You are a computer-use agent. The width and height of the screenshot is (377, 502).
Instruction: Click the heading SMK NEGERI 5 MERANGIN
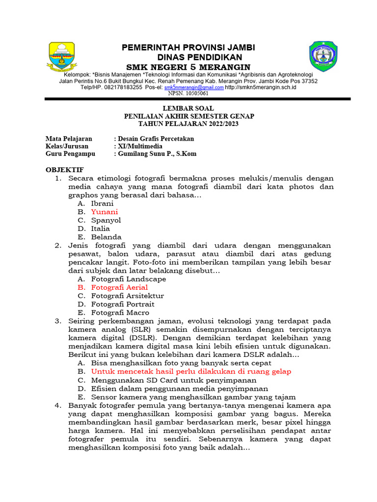click(x=188, y=67)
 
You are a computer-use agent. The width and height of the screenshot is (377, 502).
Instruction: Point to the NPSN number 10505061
click(x=188, y=93)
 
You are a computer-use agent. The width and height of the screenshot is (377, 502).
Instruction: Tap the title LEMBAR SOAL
click(x=188, y=108)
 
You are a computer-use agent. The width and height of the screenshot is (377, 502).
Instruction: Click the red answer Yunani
click(x=105, y=212)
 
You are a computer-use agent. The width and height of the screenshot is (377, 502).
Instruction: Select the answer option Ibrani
click(x=102, y=203)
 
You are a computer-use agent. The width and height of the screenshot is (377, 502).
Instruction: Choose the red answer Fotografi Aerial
click(x=119, y=287)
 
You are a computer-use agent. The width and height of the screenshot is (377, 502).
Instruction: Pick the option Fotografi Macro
click(x=120, y=312)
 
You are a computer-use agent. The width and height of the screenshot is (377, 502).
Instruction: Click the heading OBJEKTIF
click(x=64, y=170)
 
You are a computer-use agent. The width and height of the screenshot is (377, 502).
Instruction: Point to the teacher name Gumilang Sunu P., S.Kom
click(x=156, y=153)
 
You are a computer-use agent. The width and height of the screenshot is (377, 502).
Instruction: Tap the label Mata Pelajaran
click(x=69, y=139)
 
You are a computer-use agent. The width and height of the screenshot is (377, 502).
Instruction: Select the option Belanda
click(x=106, y=237)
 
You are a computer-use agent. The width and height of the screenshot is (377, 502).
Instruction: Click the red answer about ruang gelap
click(x=191, y=372)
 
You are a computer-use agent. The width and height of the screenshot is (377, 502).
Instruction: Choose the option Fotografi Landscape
click(x=129, y=279)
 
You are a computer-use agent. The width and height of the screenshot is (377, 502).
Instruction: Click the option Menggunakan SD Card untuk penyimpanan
click(x=174, y=380)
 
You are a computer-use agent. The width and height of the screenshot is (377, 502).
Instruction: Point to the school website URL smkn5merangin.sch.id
click(x=261, y=87)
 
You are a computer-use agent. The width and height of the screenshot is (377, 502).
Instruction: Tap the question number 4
click(x=58, y=405)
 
